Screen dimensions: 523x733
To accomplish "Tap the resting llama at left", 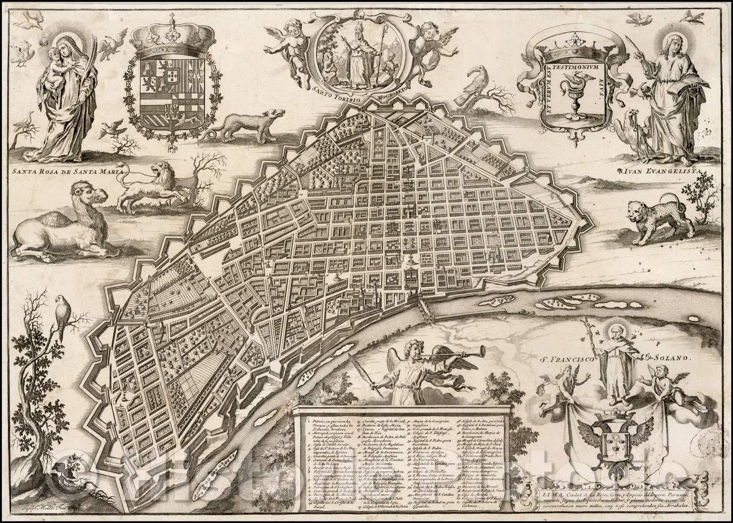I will [x=62, y=223].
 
